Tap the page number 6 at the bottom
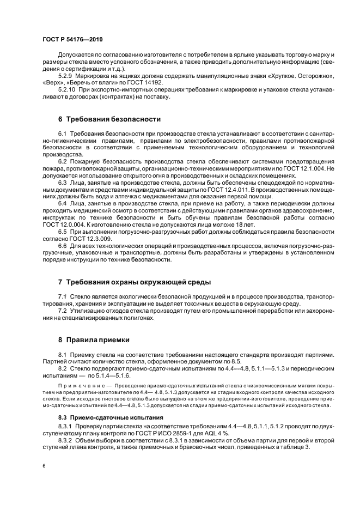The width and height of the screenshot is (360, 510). coord(43,466)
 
